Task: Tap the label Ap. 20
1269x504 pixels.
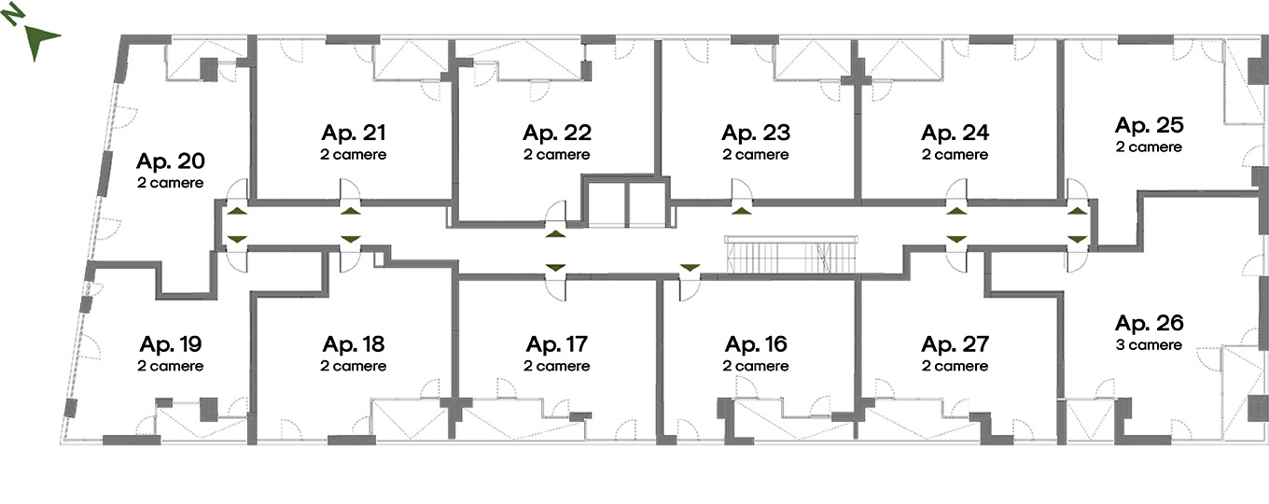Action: tap(170, 161)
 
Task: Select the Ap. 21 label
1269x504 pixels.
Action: tap(354, 133)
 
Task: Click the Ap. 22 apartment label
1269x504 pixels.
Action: tap(557, 133)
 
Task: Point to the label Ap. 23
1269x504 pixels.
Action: tap(756, 133)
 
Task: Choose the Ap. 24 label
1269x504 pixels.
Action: tap(955, 133)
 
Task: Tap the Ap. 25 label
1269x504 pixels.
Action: tap(1149, 125)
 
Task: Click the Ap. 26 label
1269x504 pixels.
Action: tap(1149, 323)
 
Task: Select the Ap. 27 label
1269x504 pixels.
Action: tap(955, 344)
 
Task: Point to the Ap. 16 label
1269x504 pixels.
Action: tap(756, 344)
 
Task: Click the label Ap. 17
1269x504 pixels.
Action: tap(557, 344)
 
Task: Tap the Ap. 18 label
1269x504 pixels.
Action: tap(354, 344)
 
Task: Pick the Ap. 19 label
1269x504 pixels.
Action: tap(171, 344)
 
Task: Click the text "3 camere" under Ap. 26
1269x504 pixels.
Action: tap(1149, 345)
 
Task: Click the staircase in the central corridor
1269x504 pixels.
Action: tap(791, 254)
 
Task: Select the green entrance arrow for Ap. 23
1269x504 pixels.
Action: tap(741, 211)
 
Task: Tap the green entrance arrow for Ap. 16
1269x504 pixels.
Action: tap(690, 267)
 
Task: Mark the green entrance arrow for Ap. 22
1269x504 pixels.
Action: tap(556, 233)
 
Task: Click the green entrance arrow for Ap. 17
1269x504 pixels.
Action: tap(556, 267)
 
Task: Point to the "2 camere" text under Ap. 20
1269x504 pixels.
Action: tap(170, 183)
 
